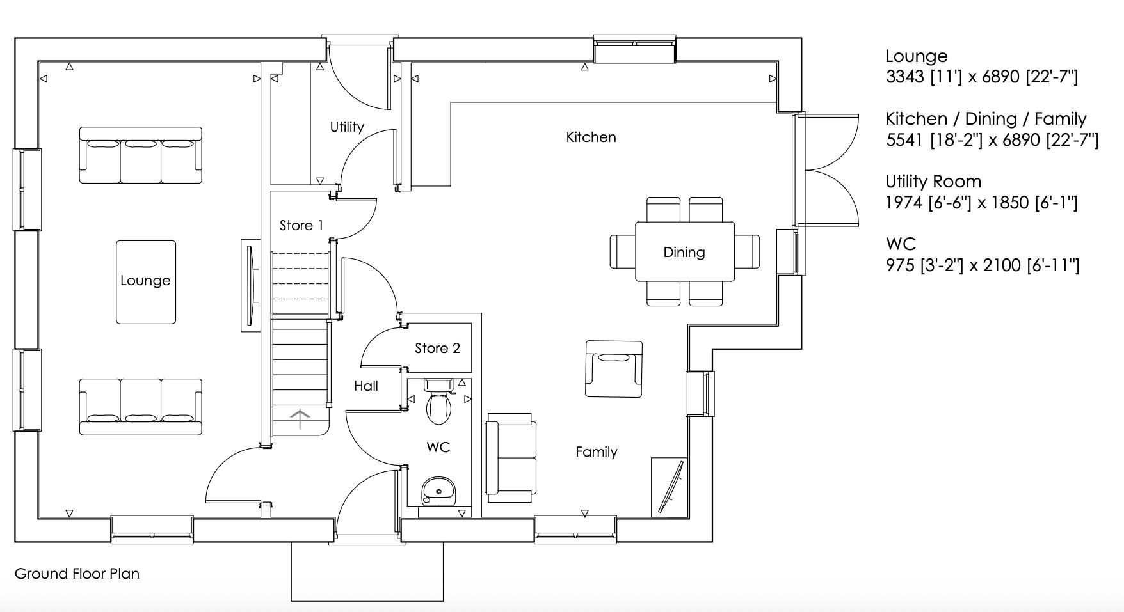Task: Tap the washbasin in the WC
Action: click(438, 490)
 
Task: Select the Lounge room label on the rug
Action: click(145, 281)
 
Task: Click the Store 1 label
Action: click(301, 226)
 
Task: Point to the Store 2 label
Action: click(437, 349)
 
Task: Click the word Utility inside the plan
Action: click(347, 127)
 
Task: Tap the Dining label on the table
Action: click(684, 253)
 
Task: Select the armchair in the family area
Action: click(613, 369)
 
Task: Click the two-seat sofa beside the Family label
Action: click(510, 457)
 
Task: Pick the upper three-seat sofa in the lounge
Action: click(140, 155)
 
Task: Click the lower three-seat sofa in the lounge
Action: click(140, 407)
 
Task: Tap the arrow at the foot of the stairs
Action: click(300, 420)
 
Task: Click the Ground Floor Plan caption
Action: click(77, 574)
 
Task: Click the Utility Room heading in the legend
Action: click(933, 182)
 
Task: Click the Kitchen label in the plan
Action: click(591, 137)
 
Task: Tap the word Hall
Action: click(366, 386)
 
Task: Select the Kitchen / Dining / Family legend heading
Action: click(985, 119)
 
